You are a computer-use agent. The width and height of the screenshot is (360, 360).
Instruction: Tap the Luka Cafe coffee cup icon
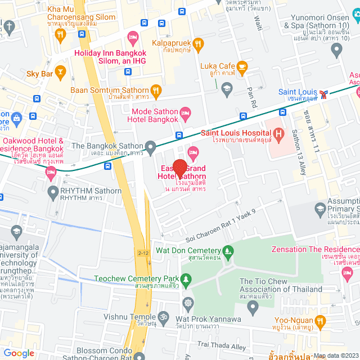242,68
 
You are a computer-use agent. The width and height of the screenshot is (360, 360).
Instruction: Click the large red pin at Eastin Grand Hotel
179,169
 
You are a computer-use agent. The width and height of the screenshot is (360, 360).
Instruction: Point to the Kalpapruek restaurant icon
197,43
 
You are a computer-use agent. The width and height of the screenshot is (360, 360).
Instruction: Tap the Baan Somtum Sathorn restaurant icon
156,90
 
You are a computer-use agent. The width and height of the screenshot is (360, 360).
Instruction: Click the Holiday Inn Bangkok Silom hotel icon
133,37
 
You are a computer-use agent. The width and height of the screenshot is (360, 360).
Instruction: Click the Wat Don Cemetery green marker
228,250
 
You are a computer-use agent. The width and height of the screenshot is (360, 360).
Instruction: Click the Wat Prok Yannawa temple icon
188,303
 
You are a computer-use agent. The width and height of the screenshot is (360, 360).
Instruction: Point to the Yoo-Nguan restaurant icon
320,321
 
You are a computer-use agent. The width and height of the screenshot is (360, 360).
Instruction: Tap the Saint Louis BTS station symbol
324,93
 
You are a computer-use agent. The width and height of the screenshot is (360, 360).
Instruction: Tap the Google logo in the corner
19,353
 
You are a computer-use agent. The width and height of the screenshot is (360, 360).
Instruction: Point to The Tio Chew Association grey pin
253,307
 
